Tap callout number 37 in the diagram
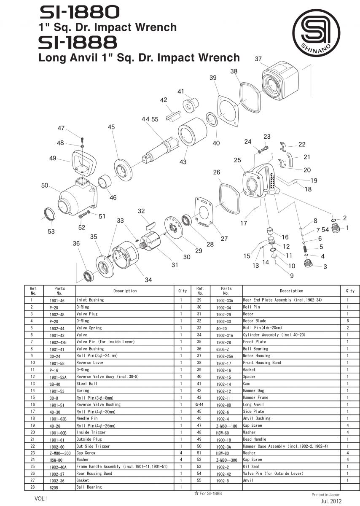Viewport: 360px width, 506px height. click(258, 59)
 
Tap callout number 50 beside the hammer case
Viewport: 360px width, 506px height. click(45, 186)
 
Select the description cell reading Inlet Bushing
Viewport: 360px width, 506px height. click(90, 300)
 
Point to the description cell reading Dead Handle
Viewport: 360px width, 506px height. click(255, 439)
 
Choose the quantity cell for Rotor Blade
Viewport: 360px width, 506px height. click(348, 321)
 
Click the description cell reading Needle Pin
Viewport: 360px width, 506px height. click(87, 418)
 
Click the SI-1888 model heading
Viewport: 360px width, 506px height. click(78, 42)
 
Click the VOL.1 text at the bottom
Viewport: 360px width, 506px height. click(42, 498)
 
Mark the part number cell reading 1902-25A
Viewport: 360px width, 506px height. click(226, 356)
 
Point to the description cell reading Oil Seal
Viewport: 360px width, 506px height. click(251, 467)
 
